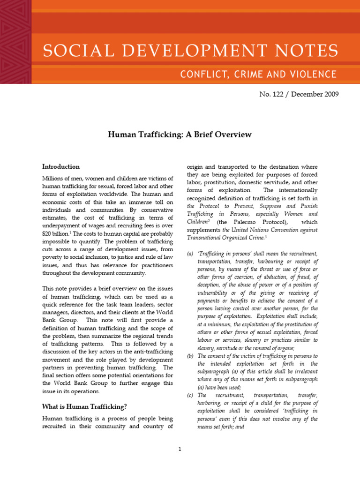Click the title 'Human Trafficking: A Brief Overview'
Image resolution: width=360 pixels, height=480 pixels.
point(180,135)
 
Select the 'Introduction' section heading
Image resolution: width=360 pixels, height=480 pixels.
point(61,166)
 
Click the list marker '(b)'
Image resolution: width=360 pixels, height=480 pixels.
point(190,356)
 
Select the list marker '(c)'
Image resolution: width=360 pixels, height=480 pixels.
point(190,395)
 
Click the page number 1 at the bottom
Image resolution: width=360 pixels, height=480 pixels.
point(180,449)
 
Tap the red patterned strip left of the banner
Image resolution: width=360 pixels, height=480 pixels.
point(15,42)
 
